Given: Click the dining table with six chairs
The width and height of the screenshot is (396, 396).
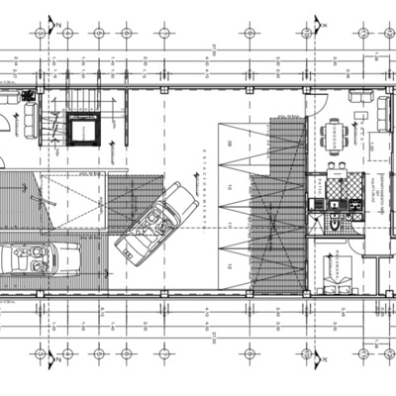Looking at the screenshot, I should point(337,133).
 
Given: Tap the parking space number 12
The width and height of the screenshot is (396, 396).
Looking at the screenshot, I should point(229,266).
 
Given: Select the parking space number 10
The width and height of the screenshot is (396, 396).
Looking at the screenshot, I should point(229,185).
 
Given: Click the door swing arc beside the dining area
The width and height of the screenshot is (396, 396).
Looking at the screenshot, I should point(320,104).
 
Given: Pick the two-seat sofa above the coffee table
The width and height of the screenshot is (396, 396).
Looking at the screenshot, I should point(361,99).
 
